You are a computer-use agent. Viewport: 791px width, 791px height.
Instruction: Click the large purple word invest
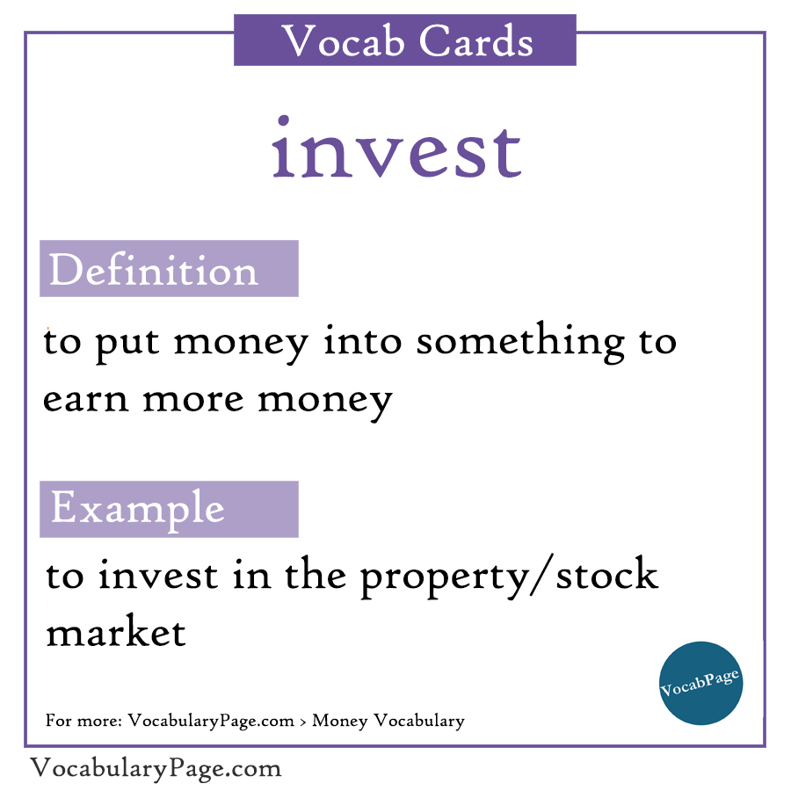(x=396, y=149)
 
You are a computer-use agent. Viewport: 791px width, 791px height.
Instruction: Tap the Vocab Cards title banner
(x=405, y=40)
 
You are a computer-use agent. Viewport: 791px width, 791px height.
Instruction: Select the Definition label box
(x=169, y=269)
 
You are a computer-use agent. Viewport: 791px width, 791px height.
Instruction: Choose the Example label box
(x=169, y=509)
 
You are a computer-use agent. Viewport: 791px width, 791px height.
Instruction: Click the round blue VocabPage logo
(x=700, y=683)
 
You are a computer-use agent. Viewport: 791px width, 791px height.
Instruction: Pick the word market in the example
(x=116, y=633)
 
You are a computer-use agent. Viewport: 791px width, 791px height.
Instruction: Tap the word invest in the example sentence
(x=157, y=577)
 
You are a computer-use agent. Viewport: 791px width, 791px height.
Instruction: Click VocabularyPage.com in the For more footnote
(x=211, y=722)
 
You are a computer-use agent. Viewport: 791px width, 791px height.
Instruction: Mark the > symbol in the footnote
(x=303, y=722)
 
